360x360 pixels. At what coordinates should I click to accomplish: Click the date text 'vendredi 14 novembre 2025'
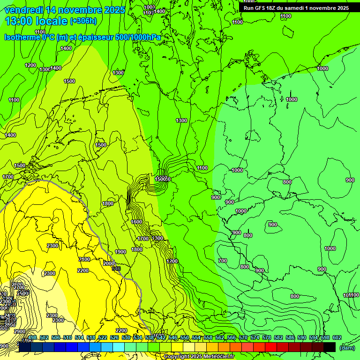pyautogui.click(x=65, y=10)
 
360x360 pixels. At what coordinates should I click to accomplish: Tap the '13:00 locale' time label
pyautogui.click(x=36, y=21)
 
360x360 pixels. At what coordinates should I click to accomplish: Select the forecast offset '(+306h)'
pyautogui.click(x=83, y=21)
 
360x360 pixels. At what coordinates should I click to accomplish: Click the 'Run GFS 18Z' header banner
pyautogui.click(x=296, y=8)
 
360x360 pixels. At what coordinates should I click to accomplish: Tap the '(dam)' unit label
pyautogui.click(x=347, y=347)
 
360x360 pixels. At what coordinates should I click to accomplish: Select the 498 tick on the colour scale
pyautogui.click(x=32, y=337)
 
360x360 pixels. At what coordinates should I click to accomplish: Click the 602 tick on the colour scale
pyautogui.click(x=337, y=337)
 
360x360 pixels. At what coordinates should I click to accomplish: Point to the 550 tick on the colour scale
pyautogui.click(x=185, y=337)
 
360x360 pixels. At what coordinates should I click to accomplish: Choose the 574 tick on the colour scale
pyautogui.click(x=255, y=337)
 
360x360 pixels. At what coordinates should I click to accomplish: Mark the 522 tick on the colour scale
pyautogui.click(x=103, y=337)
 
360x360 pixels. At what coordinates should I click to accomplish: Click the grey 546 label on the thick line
pyautogui.click(x=116, y=269)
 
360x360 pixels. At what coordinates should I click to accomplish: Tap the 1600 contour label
pyautogui.click(x=136, y=222)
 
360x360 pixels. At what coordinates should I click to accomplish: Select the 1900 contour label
pyautogui.click(x=120, y=252)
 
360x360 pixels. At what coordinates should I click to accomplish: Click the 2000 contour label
pyautogui.click(x=108, y=263)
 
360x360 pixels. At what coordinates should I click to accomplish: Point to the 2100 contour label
pyautogui.click(x=84, y=259)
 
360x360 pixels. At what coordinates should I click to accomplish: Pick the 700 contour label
pyautogui.click(x=223, y=261)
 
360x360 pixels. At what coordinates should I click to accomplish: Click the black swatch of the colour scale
pyautogui.click(x=330, y=347)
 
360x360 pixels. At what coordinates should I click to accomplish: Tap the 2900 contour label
pyautogui.click(x=20, y=331)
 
